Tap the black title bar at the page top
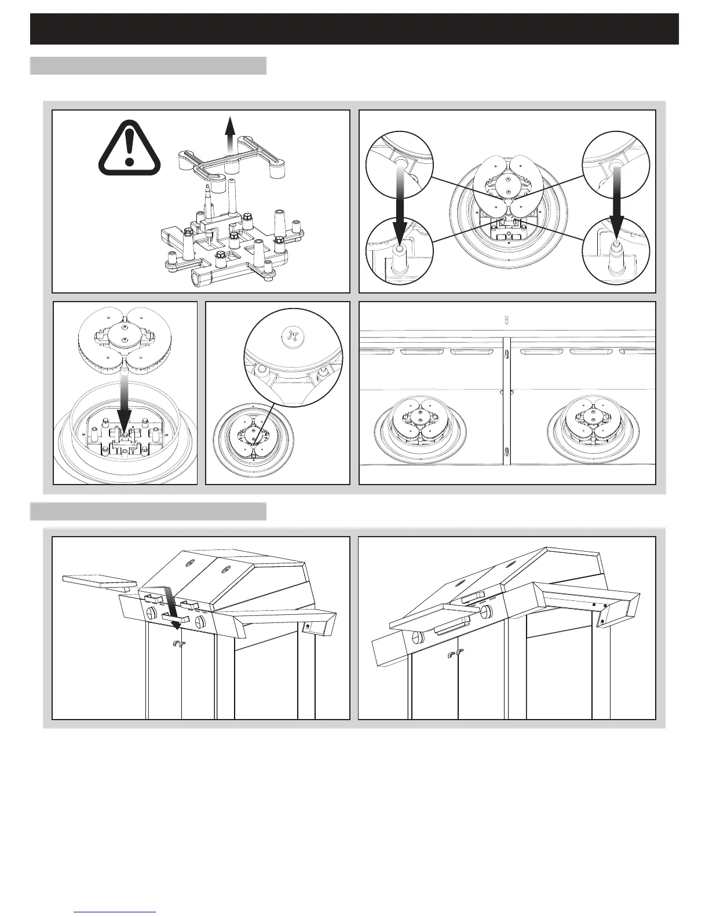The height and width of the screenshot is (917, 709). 355,29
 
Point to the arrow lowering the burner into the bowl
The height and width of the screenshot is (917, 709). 125,405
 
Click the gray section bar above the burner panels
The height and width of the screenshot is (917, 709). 148,65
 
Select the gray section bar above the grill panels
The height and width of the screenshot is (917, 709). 148,512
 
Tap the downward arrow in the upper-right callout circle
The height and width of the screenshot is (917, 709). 616,200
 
